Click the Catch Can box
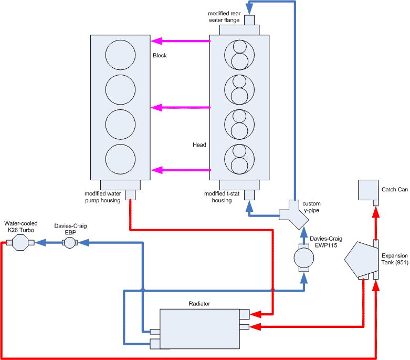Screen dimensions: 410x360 coord(368,190)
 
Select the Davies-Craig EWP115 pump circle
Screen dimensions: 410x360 coord(304,258)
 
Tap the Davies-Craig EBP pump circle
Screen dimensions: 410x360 coord(69,243)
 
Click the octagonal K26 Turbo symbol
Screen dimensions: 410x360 coord(20,243)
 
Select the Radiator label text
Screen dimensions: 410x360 coord(199,303)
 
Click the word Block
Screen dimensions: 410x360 coord(160,55)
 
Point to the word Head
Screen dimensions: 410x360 coord(199,145)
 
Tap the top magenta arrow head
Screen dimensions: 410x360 coord(156,41)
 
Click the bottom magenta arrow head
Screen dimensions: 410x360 coord(156,170)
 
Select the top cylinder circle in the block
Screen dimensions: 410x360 coord(120,55)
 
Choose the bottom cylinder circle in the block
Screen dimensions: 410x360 coord(120,159)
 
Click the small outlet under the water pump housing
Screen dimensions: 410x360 coord(130,195)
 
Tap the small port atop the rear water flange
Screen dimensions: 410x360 coord(249,20)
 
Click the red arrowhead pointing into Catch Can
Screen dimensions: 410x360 coord(376,212)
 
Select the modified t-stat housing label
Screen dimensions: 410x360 coord(222,197)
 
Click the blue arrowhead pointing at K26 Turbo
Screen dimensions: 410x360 coord(40,243)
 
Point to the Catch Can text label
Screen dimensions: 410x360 coord(395,189)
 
